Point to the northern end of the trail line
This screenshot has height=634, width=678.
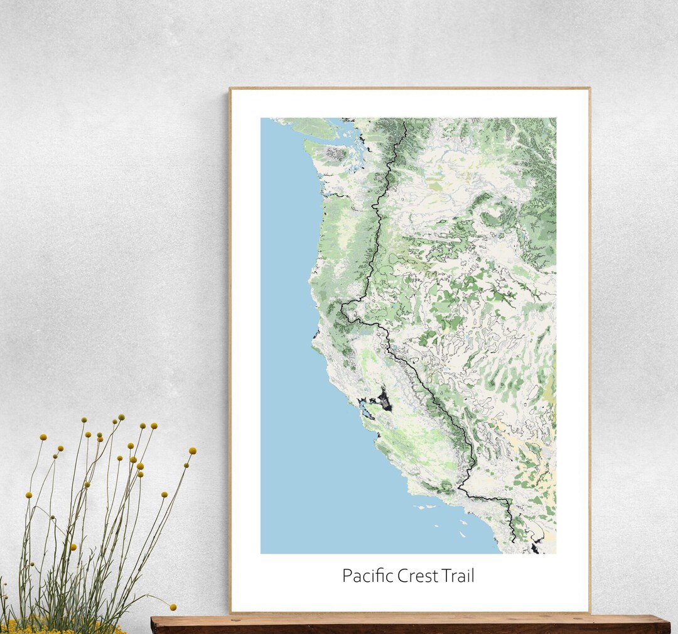(405, 123)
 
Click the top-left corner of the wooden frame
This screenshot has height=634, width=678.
(230, 89)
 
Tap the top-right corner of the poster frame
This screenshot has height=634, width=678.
(589, 89)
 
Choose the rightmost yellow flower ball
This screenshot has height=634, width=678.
(192, 451)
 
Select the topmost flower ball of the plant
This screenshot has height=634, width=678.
(121, 417)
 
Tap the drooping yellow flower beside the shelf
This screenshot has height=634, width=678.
(173, 607)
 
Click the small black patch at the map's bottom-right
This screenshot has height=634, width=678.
(535, 549)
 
